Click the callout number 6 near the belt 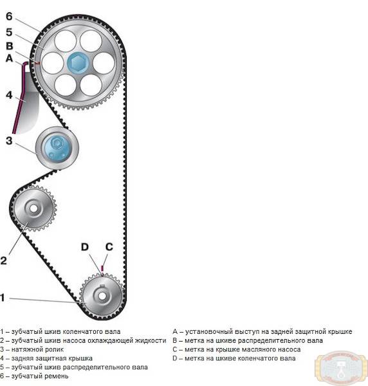pos(9,17)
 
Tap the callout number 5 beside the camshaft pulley pos(9,32)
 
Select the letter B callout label pos(10,46)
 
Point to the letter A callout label pos(9,59)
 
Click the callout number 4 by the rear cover pos(9,95)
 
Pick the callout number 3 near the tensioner pos(9,141)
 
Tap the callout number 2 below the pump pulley pos(3,261)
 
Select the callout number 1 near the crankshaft pos(3,298)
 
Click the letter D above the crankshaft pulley pos(85,247)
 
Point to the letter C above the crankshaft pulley pos(109,247)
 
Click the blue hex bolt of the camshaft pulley pos(78,62)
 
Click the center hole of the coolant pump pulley pos(33,208)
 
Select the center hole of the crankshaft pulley pos(102,296)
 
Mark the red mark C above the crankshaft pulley pos(102,268)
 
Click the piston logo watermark pos(341,368)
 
